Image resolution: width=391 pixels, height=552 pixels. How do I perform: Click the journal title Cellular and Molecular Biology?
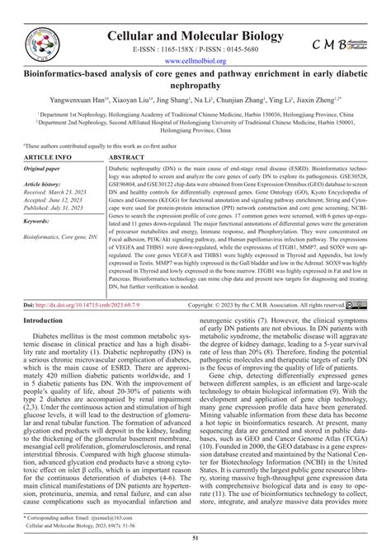pos(194,18)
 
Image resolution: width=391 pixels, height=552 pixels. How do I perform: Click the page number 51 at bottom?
pos(195,540)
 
